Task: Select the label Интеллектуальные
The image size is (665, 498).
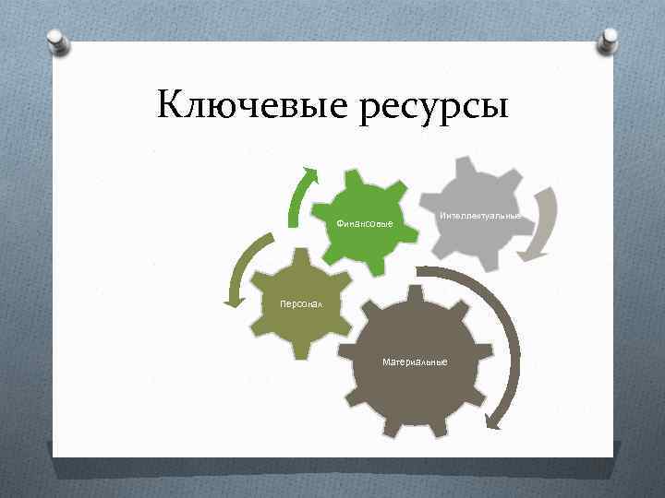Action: pos(479,215)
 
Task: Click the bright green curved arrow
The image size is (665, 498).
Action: pos(296,201)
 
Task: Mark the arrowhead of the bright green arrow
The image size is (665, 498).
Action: pos(311,175)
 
